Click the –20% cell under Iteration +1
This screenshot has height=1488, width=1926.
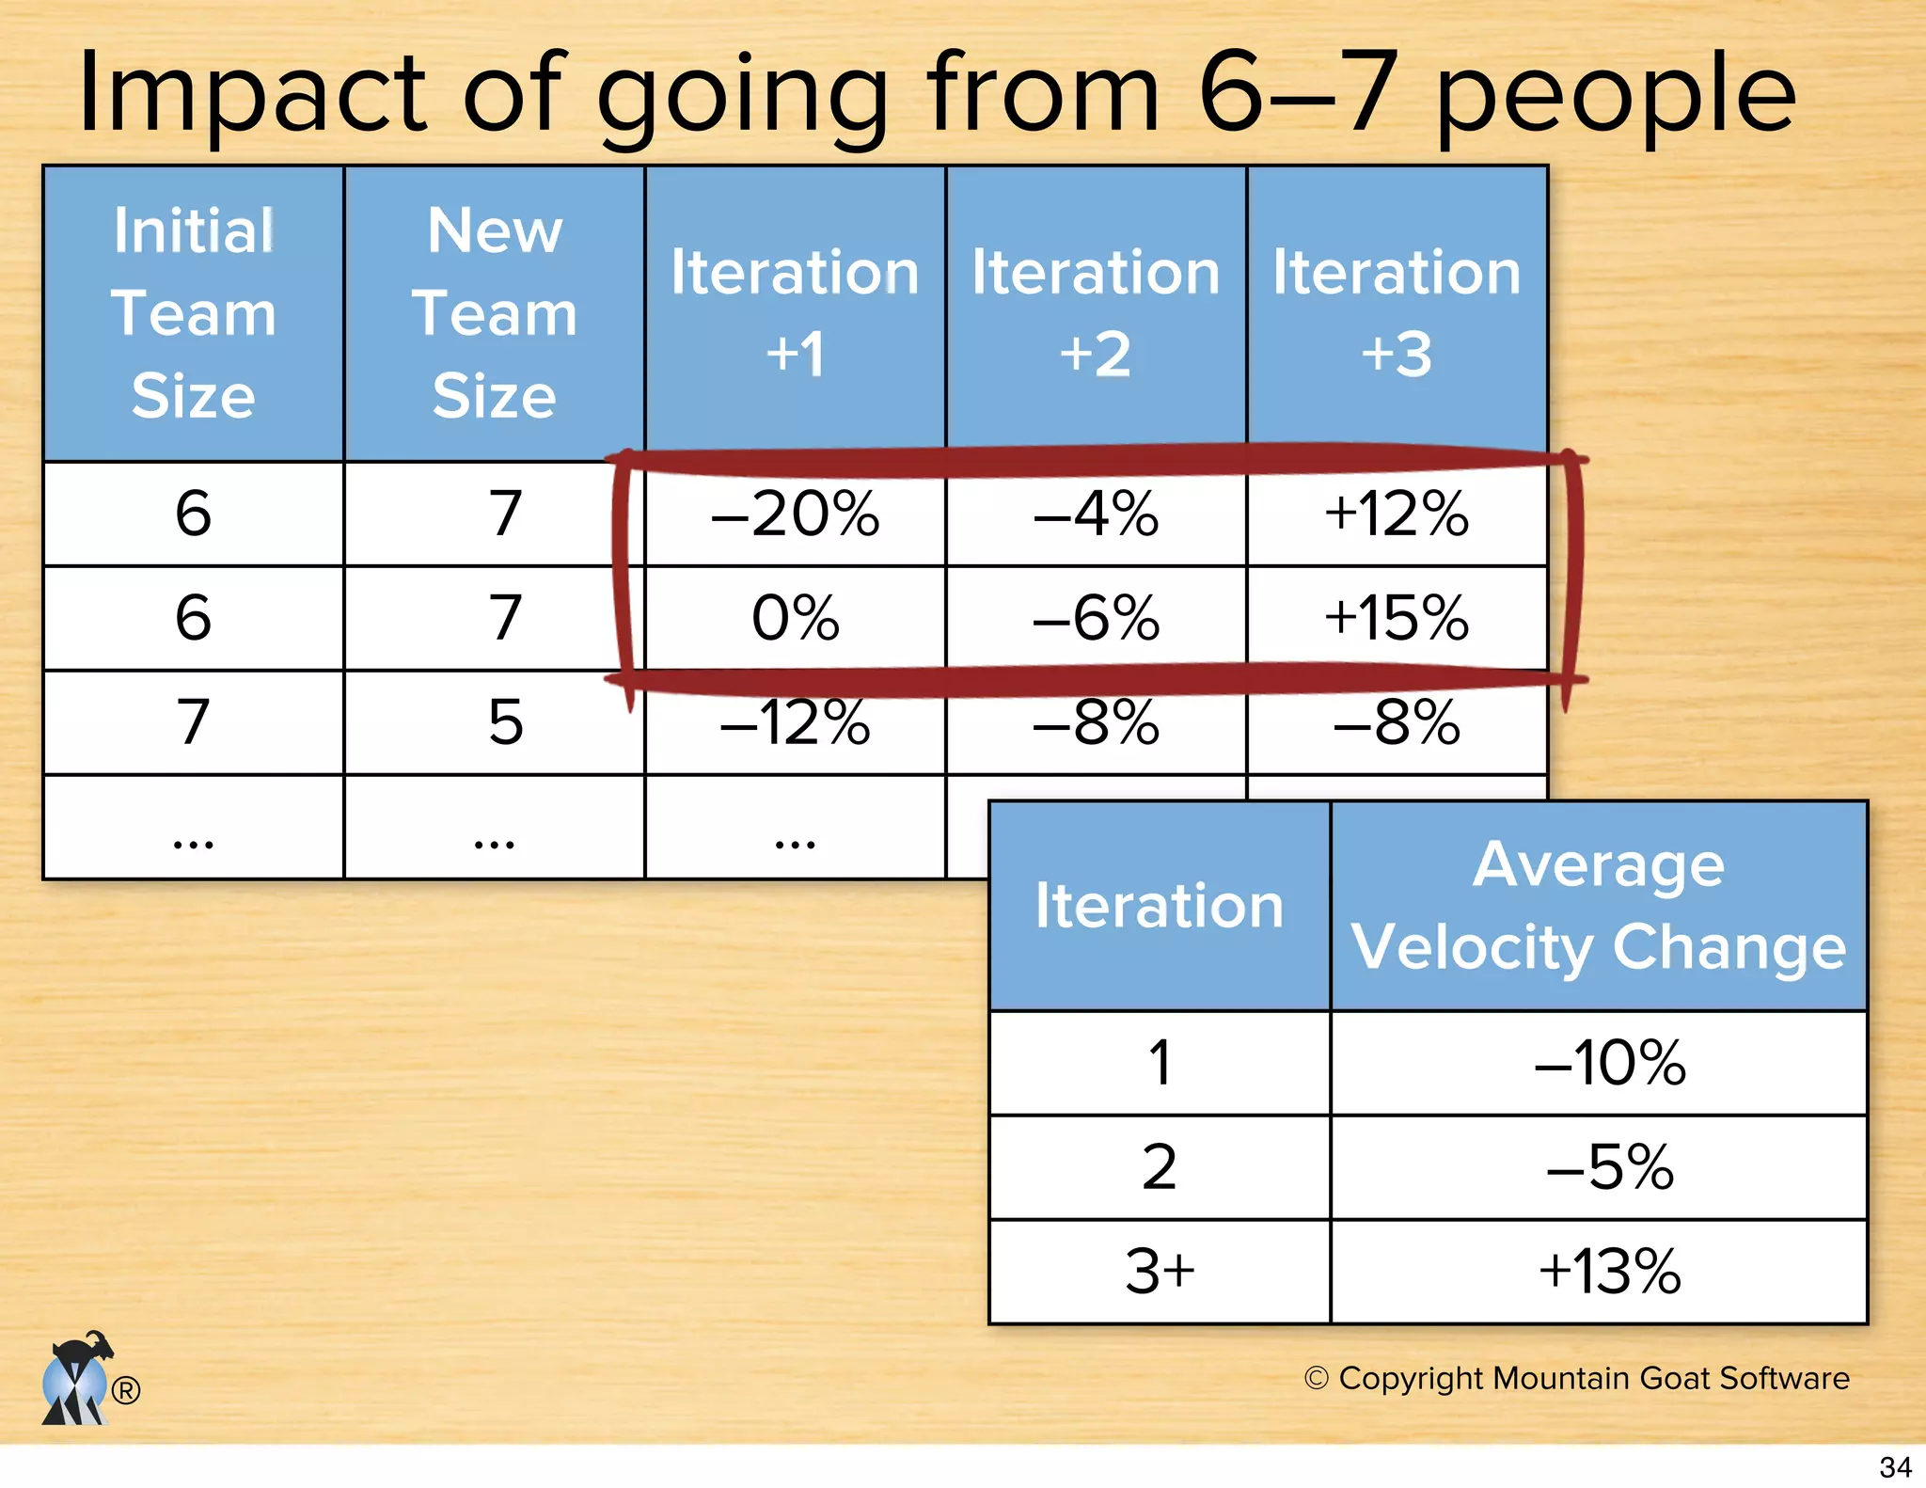(795, 514)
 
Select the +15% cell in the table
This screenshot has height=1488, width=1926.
(1396, 618)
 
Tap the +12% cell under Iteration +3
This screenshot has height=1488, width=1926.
(1396, 514)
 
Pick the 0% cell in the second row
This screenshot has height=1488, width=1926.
(795, 618)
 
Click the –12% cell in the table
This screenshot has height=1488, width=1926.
(795, 722)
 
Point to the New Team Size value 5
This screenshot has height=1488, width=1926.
(505, 722)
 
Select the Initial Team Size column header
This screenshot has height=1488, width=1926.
(194, 313)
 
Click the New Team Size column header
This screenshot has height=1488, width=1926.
(495, 313)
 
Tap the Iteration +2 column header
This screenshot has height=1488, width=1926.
(1096, 313)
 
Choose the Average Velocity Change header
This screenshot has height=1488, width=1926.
(1599, 906)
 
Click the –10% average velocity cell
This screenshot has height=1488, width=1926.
(1609, 1063)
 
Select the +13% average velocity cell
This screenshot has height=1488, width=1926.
(1609, 1272)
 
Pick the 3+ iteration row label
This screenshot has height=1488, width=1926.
(1159, 1272)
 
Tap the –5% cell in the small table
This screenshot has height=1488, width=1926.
(1609, 1167)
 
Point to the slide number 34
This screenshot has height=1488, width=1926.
(1895, 1467)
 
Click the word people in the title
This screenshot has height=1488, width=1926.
(1615, 94)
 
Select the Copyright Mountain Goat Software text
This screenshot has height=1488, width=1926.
(1577, 1378)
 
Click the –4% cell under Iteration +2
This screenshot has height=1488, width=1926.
(1096, 514)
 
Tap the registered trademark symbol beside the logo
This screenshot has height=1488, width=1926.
(126, 1389)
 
